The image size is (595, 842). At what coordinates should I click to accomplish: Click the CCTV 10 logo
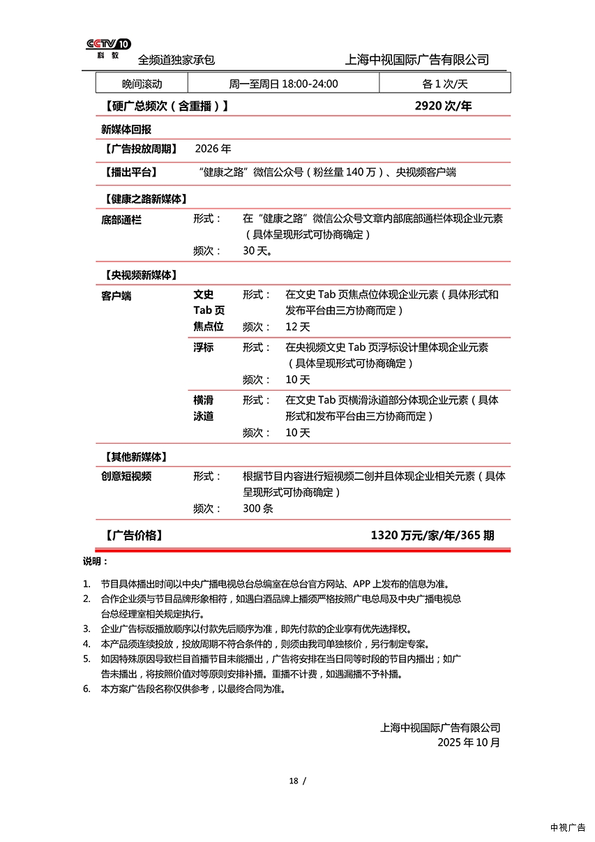tap(108, 48)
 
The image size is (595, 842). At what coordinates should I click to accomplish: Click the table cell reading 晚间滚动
tap(142, 84)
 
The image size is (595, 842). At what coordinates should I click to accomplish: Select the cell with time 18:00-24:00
tap(283, 84)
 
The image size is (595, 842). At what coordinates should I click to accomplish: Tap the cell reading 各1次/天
tap(444, 84)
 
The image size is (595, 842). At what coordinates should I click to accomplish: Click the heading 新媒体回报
tap(126, 129)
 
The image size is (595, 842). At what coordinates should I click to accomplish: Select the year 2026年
tap(213, 149)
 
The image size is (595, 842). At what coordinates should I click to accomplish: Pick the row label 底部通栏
tap(121, 219)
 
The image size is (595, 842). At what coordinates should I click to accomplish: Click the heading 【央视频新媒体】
tap(140, 275)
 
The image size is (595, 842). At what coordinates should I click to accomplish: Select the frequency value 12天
tap(298, 326)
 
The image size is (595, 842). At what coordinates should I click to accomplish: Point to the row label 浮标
tap(203, 347)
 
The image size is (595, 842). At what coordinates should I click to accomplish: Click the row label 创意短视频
tap(126, 476)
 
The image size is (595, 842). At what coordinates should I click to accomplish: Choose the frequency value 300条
tap(258, 509)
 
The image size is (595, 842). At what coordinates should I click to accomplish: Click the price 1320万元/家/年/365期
tap(432, 535)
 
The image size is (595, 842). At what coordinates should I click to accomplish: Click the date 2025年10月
tap(469, 742)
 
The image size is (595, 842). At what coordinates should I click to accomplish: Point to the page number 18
tap(294, 781)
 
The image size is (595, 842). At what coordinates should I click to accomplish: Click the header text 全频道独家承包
tap(176, 60)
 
